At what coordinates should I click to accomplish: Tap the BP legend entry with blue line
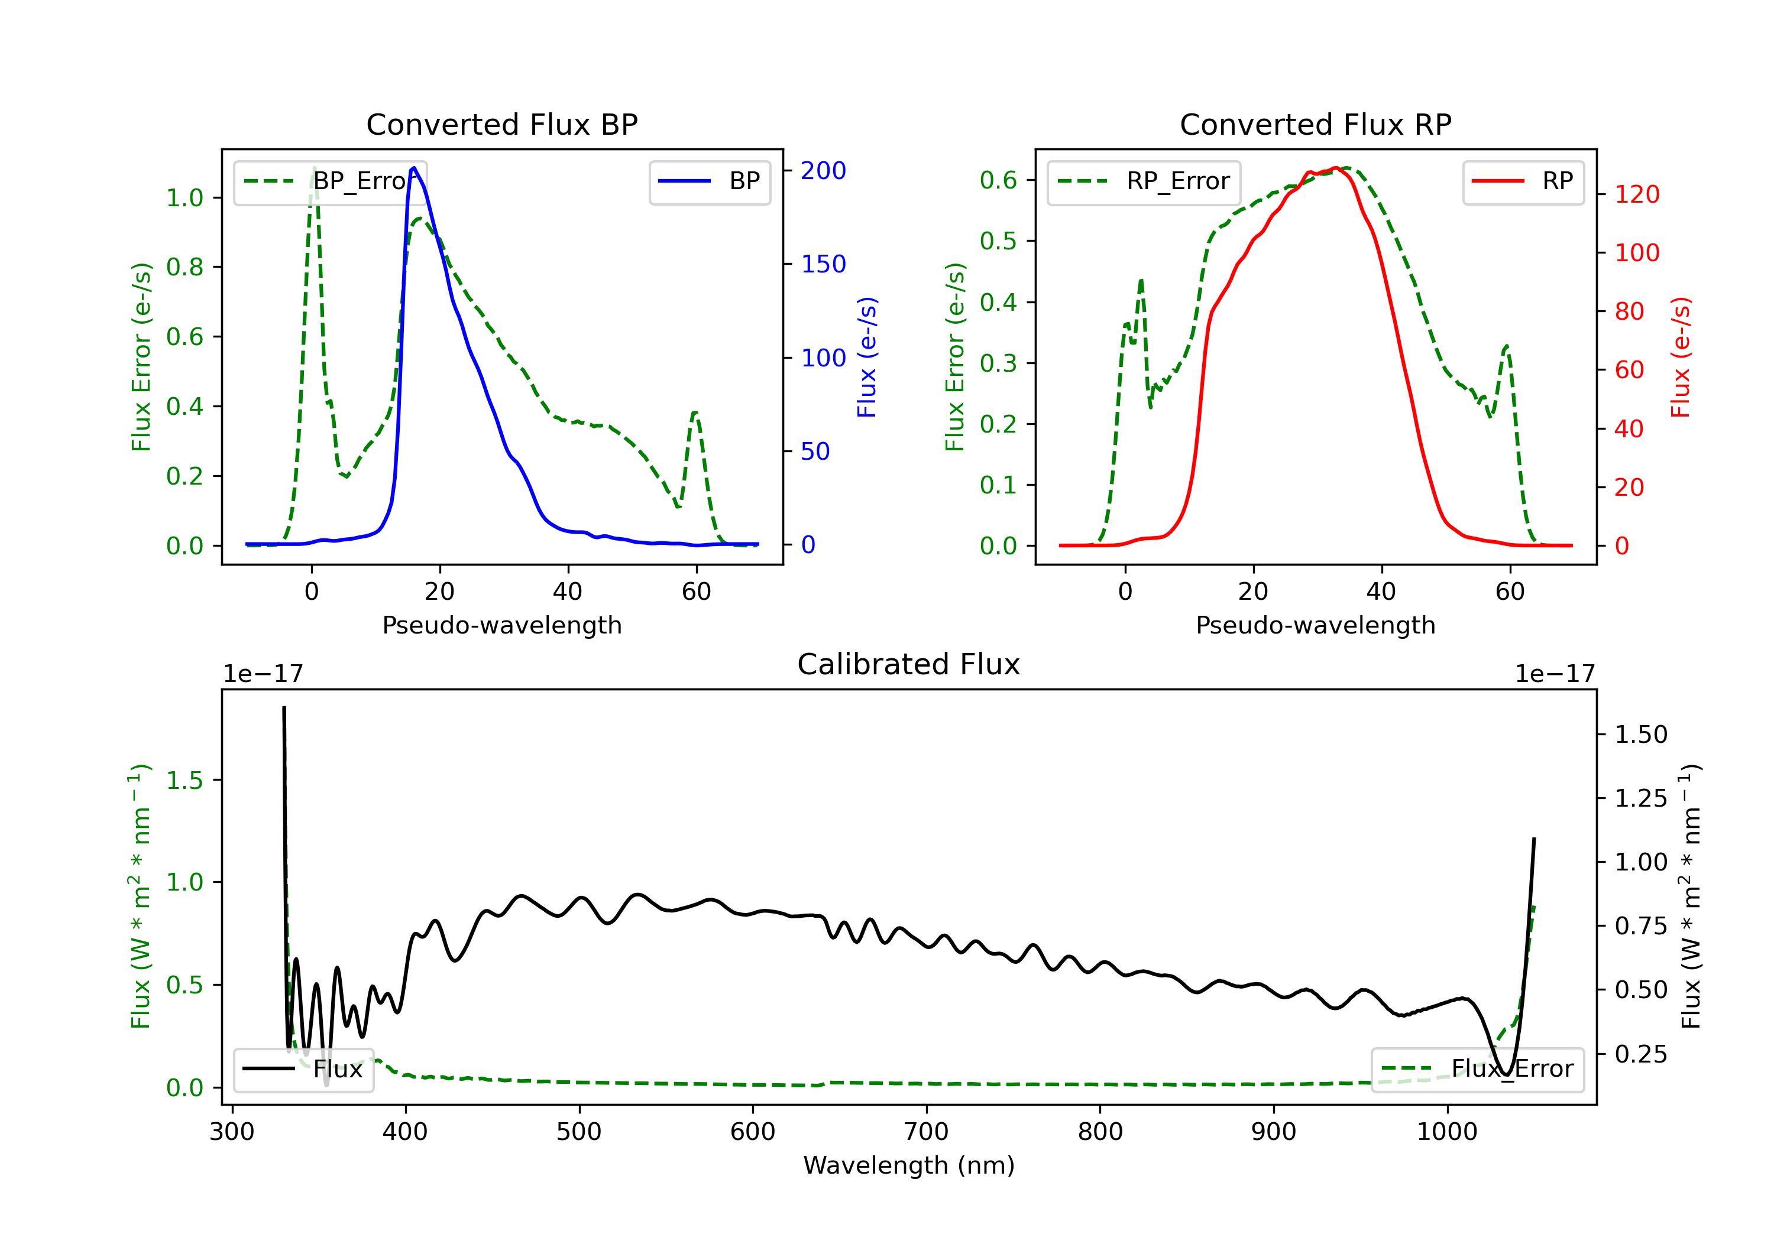tap(709, 181)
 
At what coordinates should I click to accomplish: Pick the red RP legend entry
tap(1523, 181)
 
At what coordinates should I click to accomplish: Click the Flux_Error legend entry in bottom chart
tap(1477, 1069)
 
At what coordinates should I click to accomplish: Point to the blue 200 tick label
tap(823, 171)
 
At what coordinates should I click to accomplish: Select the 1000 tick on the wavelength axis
tap(1446, 1132)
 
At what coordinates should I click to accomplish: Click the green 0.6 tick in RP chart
tap(998, 181)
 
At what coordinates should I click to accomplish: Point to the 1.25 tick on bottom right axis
tap(1641, 798)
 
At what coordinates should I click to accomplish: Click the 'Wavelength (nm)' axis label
tap(909, 1165)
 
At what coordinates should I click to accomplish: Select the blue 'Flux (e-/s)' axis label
tap(867, 358)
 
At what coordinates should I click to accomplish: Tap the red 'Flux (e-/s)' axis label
tap(1681, 358)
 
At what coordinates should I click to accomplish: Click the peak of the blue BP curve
tap(414, 168)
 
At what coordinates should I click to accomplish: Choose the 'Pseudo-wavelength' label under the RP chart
tap(1315, 625)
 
